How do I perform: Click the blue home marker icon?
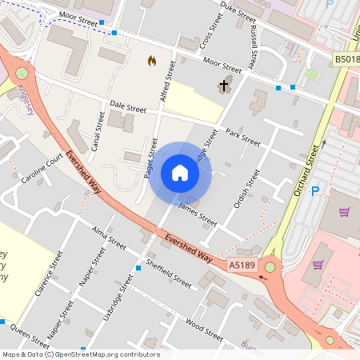180,172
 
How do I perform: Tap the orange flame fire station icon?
152,60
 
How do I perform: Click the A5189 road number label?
242,265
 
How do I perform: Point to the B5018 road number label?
346,59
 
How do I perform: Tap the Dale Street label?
128,107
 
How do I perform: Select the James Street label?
198,213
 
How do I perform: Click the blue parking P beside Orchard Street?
314,190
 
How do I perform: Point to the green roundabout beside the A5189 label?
270,267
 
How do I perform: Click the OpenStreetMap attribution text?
80,354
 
